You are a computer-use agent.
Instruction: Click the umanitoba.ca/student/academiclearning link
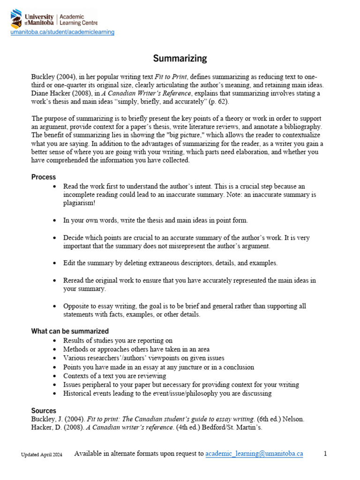tap(63, 32)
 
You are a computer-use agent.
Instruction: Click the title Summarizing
tap(180, 58)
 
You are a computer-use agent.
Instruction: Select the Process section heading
tap(44, 177)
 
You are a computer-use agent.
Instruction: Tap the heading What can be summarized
tap(70, 331)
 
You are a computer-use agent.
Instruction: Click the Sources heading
tap(44, 410)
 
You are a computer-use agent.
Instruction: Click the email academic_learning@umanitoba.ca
tap(254, 454)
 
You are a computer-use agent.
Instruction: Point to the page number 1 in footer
tap(325, 454)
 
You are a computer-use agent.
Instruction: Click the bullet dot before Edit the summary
tap(56, 263)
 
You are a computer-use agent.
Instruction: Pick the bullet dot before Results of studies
tap(56, 340)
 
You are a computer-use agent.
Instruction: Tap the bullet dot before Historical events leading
tap(56, 394)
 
